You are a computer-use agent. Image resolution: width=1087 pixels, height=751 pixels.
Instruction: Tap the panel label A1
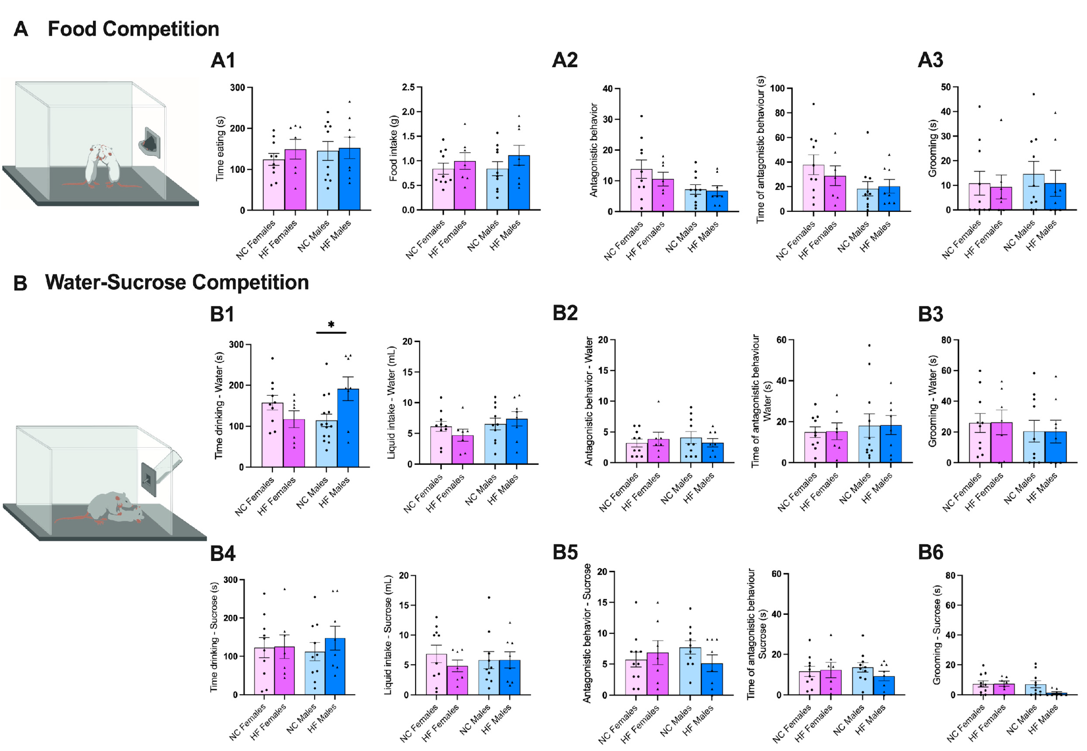click(223, 61)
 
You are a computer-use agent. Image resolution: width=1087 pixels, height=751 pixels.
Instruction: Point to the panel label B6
click(930, 552)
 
